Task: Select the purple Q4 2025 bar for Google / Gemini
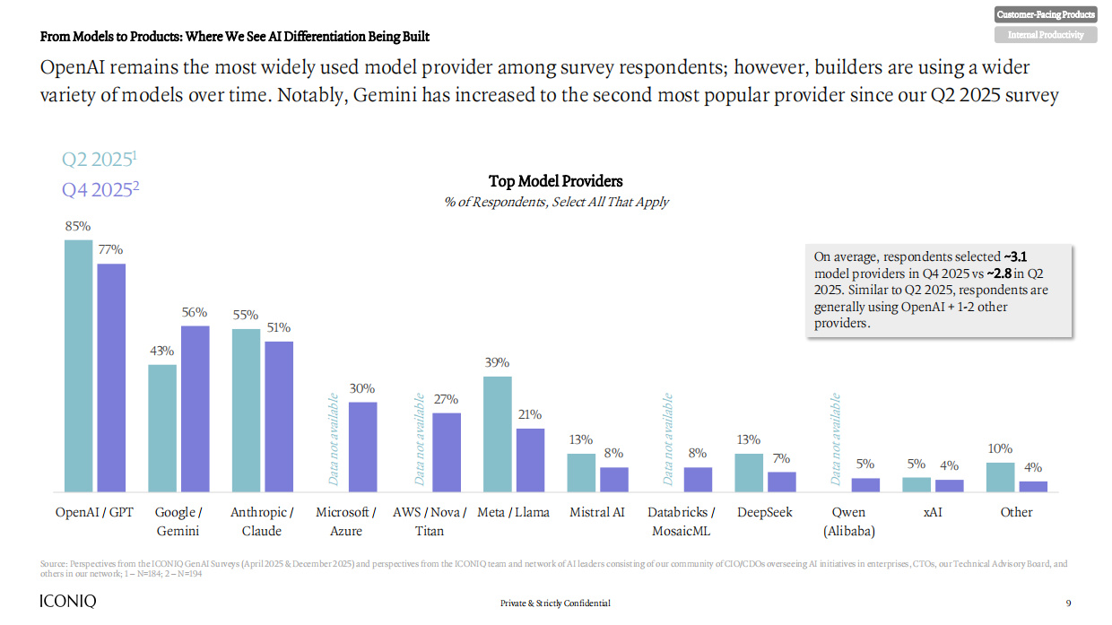[195, 409]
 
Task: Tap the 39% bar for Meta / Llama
[498, 434]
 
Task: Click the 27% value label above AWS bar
[446, 399]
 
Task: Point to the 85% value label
[78, 227]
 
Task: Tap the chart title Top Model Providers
[556, 182]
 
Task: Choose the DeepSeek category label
[764, 513]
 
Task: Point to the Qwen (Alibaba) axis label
[848, 521]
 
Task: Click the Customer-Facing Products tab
[1046, 14]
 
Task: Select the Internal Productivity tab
[1046, 35]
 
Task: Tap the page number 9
[1068, 603]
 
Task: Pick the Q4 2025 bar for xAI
[950, 485]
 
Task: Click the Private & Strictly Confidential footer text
[555, 603]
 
